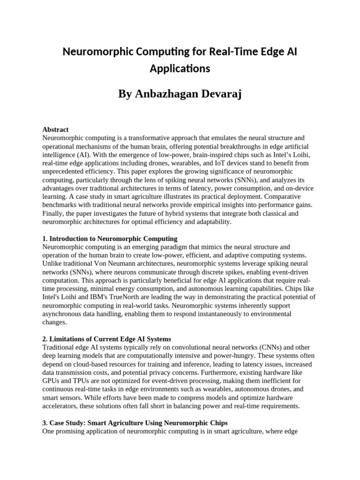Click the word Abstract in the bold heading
pyautogui.click(x=55, y=129)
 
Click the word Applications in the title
pyautogui.click(x=180, y=68)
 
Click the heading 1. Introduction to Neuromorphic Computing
pyautogui.click(x=110, y=239)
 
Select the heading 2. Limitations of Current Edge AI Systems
pyautogui.click(x=106, y=339)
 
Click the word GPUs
pyautogui.click(x=51, y=381)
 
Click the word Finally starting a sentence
pyautogui.click(x=53, y=213)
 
